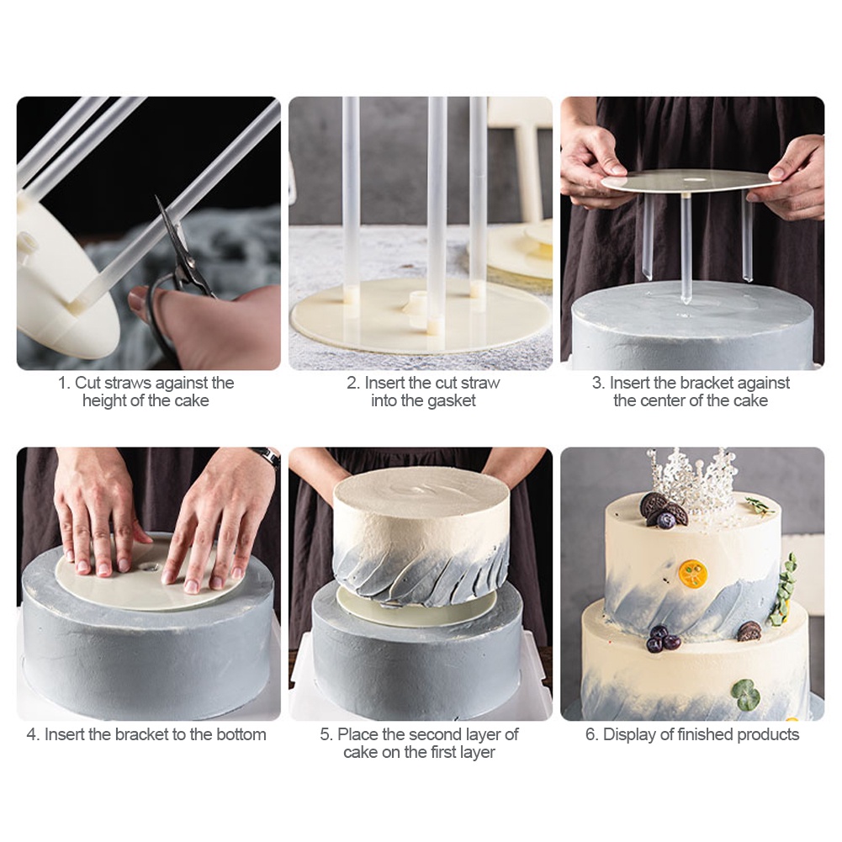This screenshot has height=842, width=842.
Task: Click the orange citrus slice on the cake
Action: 693,573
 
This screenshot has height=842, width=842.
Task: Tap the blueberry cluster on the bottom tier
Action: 661,638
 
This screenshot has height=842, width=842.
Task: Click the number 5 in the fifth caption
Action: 325,734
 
